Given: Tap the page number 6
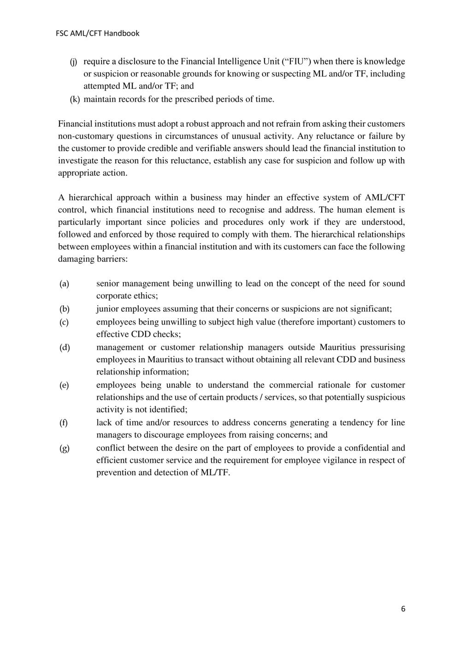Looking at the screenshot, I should click(403, 609).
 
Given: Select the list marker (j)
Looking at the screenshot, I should click(73, 62).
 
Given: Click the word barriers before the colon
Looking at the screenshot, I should click(110, 259).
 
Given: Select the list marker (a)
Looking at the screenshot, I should click(64, 284).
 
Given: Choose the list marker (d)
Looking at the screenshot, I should click(65, 347).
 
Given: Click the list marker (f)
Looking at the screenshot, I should click(64, 422).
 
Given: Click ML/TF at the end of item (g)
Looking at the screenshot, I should click(215, 472).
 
